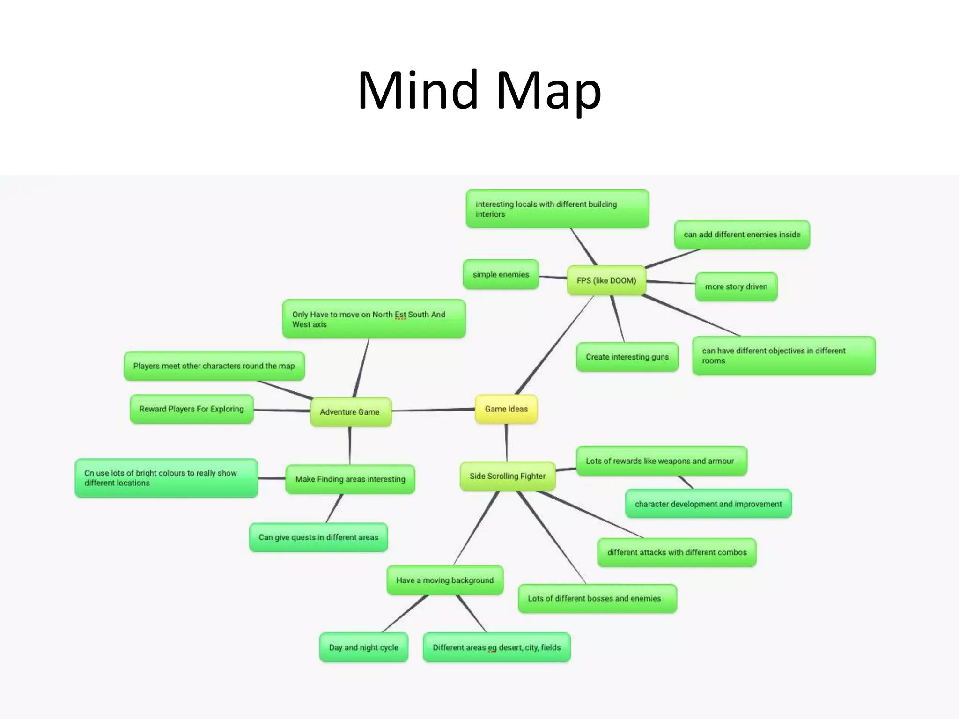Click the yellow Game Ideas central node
pyautogui.click(x=506, y=409)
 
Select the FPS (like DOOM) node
pyautogui.click(x=606, y=280)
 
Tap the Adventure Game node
pyautogui.click(x=350, y=412)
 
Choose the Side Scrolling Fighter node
pyautogui.click(x=508, y=476)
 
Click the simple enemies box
pyautogui.click(x=501, y=274)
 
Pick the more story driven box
pyautogui.click(x=736, y=286)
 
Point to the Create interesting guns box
pyautogui.click(x=627, y=357)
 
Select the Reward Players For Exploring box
pyautogui.click(x=192, y=409)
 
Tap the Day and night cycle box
pyautogui.click(x=363, y=647)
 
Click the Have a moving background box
pyautogui.click(x=445, y=580)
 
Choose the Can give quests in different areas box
pyautogui.click(x=318, y=537)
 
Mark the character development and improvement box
pyautogui.click(x=708, y=504)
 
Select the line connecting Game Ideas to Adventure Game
pyautogui.click(x=433, y=410)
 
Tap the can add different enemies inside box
pyautogui.click(x=742, y=235)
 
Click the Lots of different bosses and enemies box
pyautogui.click(x=597, y=599)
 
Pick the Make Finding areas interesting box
pyautogui.click(x=350, y=479)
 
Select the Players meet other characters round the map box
pyautogui.click(x=214, y=366)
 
